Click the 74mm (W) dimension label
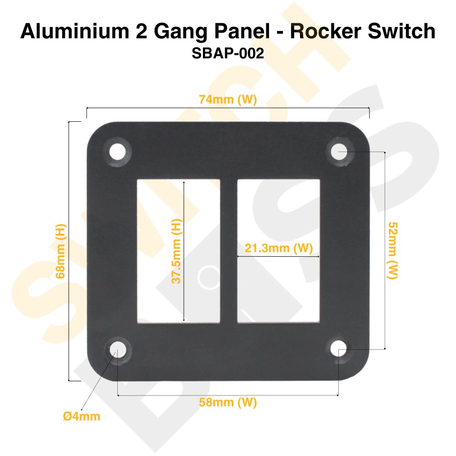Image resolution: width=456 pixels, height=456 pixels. (x=228, y=100)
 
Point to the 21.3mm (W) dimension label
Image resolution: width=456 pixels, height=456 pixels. (x=279, y=249)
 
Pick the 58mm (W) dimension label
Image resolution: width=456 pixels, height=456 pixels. (x=228, y=402)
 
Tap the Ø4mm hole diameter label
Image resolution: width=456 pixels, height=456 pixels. (x=82, y=416)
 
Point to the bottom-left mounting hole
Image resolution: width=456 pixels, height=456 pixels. (x=117, y=351)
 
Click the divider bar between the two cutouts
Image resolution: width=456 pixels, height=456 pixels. (x=228, y=251)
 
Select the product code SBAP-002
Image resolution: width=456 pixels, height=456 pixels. (x=228, y=53)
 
